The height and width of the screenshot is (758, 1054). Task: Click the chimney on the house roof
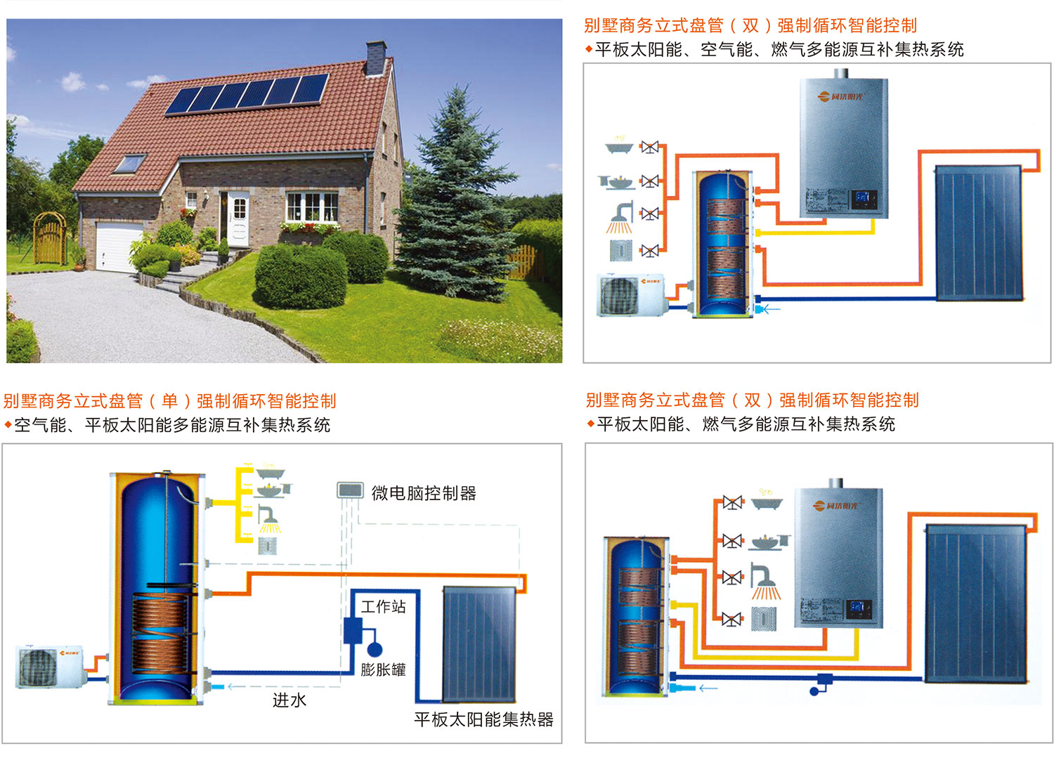[x=375, y=57]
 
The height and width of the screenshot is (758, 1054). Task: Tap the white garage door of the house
[x=119, y=246]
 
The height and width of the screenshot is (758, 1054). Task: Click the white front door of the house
[x=239, y=218]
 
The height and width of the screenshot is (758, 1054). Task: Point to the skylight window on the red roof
[x=129, y=164]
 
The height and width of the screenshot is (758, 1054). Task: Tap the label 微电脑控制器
[x=424, y=493]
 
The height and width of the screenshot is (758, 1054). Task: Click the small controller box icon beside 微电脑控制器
[x=350, y=490]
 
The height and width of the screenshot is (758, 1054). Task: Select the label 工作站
[x=384, y=606]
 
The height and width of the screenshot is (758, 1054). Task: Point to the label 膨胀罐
[x=384, y=669]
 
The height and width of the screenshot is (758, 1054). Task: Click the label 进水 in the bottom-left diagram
[x=289, y=700]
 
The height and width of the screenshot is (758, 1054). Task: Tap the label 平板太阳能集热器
[x=483, y=719]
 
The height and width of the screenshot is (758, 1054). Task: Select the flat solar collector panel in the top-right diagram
[x=978, y=233]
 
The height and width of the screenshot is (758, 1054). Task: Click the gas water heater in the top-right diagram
[x=844, y=148]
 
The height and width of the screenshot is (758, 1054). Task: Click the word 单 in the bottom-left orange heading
[x=169, y=401]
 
